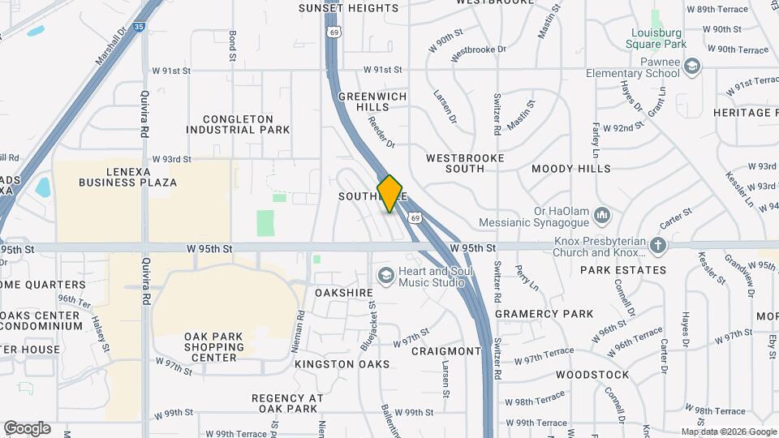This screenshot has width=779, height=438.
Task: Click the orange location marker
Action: click(390, 194)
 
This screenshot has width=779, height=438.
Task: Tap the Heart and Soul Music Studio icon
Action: click(385, 276)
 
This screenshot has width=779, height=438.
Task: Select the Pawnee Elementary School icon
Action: click(691, 66)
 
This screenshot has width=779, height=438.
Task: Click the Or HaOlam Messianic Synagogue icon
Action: click(601, 215)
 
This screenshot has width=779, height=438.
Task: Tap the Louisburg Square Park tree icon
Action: click(655, 17)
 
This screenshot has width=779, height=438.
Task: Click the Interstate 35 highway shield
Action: click(140, 26)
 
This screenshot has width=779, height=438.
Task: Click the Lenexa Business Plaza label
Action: click(127, 177)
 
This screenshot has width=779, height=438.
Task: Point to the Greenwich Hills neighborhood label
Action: click(374, 101)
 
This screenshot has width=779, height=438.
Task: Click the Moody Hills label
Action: click(571, 169)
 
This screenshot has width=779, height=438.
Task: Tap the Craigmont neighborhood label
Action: click(446, 351)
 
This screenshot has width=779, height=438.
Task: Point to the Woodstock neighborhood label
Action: click(592, 375)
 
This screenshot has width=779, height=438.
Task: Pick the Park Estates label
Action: click(624, 270)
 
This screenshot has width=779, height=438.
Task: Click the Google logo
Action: click(27, 428)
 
